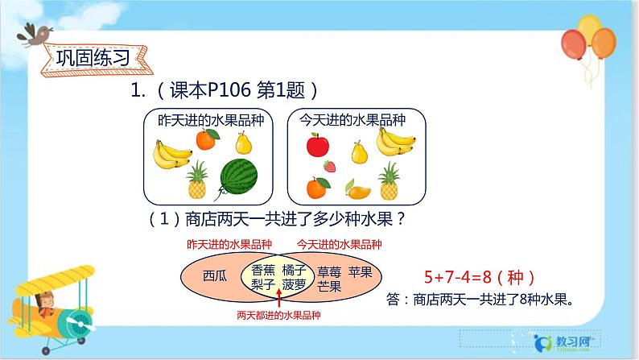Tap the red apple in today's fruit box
coord(319,146)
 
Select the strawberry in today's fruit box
coord(328,167)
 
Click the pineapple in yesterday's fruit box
coord(196,180)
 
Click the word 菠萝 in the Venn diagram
coord(293,284)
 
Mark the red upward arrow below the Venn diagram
coord(278,299)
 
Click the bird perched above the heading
coord(35,33)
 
